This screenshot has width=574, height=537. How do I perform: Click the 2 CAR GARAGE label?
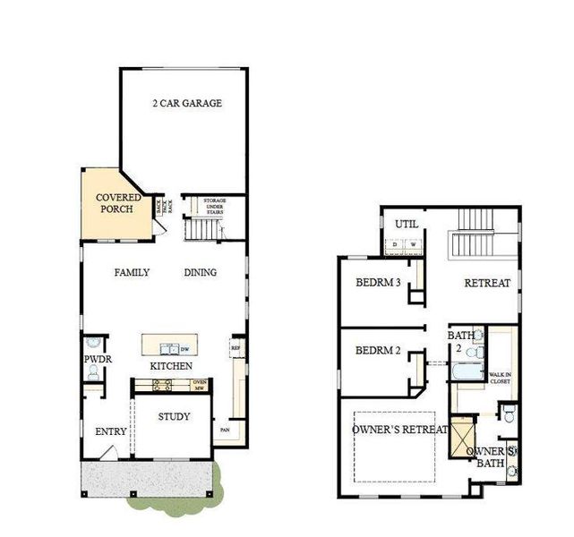186,103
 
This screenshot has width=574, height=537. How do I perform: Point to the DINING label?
201,273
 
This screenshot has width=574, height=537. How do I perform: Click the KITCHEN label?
170,367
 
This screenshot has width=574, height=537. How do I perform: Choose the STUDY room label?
174,417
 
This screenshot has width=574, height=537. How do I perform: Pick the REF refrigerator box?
236,347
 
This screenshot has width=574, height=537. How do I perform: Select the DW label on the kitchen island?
185,349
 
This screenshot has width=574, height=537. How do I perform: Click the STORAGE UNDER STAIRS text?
214,206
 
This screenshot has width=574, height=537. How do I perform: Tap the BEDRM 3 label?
377,284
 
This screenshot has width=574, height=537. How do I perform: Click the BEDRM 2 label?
377,350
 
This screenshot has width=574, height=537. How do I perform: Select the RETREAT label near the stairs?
487,283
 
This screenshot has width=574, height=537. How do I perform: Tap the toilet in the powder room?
94,345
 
